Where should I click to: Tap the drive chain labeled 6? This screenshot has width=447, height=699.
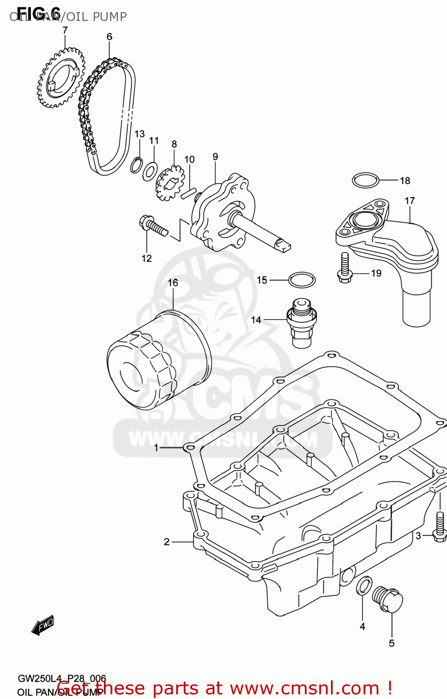(108, 116)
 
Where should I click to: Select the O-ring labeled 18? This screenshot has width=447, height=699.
(365, 180)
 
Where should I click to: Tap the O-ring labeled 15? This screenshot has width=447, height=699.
(302, 280)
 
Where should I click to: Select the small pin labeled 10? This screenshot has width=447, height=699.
(189, 192)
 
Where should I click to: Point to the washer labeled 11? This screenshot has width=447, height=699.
(150, 171)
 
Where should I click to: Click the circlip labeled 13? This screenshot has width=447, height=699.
(136, 165)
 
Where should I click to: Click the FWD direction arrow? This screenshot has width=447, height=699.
(43, 626)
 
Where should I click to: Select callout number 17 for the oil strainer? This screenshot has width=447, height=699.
(410, 201)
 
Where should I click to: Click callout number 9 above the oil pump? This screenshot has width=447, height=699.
(215, 157)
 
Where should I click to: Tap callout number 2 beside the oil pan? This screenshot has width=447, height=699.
(166, 541)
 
